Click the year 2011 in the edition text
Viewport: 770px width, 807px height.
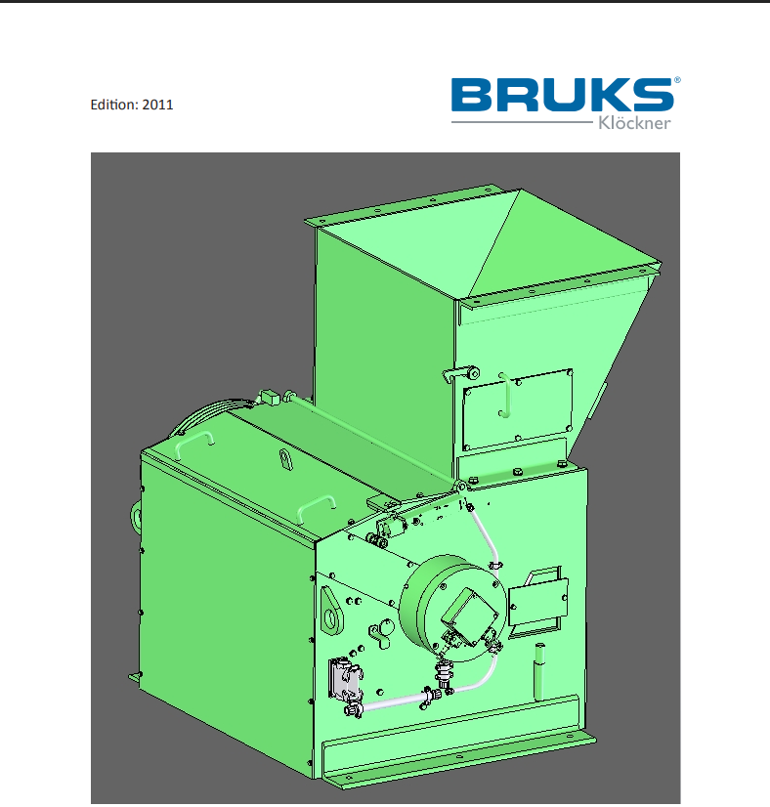(x=157, y=105)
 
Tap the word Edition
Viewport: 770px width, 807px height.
(x=114, y=105)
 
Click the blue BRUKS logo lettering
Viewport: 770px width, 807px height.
(x=562, y=95)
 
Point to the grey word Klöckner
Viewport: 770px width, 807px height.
(x=634, y=123)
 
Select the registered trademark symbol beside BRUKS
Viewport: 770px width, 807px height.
(x=677, y=80)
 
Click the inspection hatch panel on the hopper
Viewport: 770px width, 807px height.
(x=517, y=410)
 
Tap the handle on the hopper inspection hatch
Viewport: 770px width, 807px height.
(x=506, y=396)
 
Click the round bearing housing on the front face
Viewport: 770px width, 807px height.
(x=451, y=608)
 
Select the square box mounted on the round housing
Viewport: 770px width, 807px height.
(x=469, y=617)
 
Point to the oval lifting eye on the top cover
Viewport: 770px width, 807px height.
(x=285, y=459)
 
